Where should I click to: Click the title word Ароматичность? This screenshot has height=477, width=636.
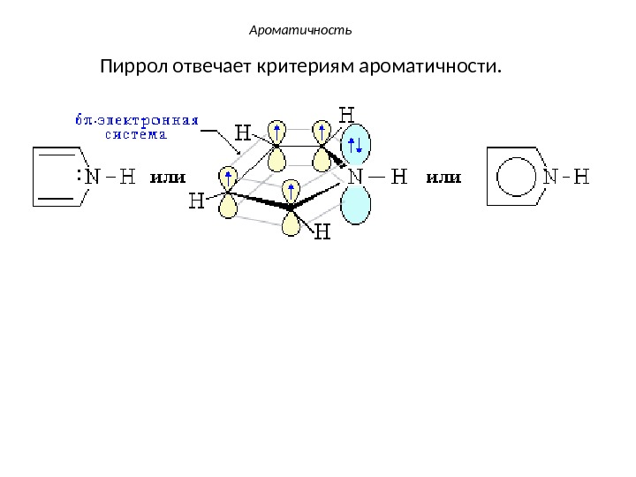tap(300, 31)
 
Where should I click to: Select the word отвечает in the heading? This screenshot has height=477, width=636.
tap(211, 67)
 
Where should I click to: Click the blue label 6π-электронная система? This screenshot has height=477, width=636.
tap(135, 126)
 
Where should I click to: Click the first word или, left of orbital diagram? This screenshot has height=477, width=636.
tap(170, 178)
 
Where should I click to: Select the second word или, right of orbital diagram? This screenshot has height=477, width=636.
tap(444, 178)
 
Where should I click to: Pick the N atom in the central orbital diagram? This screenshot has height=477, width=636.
tap(357, 178)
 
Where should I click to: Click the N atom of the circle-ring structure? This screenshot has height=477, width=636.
tap(549, 178)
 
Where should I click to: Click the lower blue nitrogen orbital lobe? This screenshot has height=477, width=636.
tap(357, 206)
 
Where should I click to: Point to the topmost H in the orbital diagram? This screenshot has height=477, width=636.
tap(347, 114)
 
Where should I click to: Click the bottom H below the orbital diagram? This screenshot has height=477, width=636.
tap(322, 232)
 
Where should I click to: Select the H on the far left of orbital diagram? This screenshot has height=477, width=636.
tap(198, 201)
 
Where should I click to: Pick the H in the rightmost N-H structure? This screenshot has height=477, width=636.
tap(580, 178)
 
